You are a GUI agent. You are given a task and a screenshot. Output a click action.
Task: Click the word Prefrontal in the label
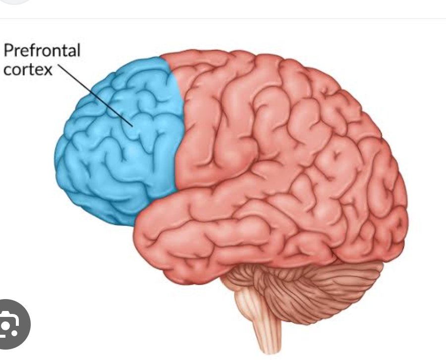pos(42,51)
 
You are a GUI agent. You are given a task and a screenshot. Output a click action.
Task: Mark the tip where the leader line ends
pos(132,125)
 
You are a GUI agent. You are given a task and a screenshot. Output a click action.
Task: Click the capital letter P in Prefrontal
pos(8,51)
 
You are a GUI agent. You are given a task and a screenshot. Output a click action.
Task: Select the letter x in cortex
pos(48,69)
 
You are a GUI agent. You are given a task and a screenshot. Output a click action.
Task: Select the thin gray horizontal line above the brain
pos(223,19)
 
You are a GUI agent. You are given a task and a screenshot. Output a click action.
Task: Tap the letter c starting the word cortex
pos(7,70)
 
